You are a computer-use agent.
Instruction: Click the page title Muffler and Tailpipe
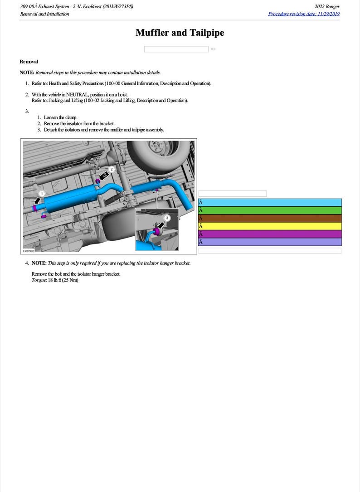tap(180, 33)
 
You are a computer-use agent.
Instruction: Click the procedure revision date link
tap(304, 14)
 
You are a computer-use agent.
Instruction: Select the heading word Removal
tap(29, 62)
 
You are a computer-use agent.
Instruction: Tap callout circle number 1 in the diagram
tap(42, 194)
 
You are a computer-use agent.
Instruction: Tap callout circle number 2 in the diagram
tap(112, 169)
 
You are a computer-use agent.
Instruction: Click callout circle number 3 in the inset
tap(167, 218)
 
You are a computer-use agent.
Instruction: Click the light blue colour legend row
tap(270, 203)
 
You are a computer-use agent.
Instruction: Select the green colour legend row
tap(270, 210)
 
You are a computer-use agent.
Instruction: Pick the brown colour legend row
tap(270, 218)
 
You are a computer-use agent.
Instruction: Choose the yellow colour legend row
tap(270, 226)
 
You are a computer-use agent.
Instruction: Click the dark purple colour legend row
tap(270, 234)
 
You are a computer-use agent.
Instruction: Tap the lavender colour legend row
tap(270, 242)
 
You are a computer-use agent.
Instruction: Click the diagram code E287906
tap(29, 250)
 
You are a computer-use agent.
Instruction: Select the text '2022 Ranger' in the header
tap(327, 7)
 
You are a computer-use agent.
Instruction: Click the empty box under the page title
tap(176, 49)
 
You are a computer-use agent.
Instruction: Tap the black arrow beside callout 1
tap(37, 200)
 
